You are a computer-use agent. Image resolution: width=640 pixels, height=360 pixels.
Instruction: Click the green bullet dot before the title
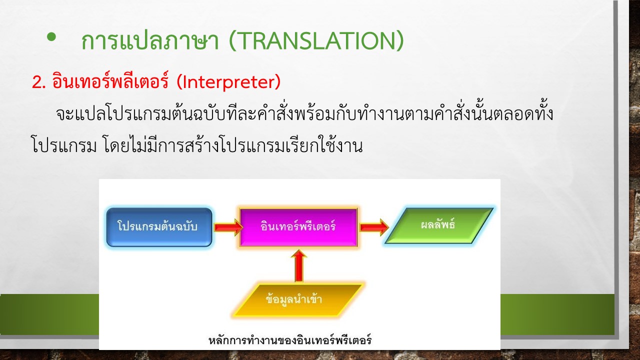pyautogui.click(x=51, y=37)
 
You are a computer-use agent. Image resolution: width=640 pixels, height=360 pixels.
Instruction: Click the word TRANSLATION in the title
pyautogui.click(x=316, y=41)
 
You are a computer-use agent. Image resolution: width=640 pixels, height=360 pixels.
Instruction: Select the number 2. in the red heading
pyautogui.click(x=39, y=82)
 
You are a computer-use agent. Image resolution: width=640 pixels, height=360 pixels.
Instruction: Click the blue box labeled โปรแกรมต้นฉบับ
pyautogui.click(x=159, y=227)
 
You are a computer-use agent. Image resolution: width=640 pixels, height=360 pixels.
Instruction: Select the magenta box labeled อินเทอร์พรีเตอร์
pyautogui.click(x=298, y=227)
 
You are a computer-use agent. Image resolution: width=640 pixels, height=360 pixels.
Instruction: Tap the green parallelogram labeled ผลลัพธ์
pyautogui.click(x=439, y=225)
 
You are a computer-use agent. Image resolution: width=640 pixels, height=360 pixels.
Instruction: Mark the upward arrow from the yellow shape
pyautogui.click(x=299, y=265)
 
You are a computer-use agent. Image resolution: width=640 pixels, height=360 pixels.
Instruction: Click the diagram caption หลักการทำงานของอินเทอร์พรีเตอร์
pyautogui.click(x=290, y=340)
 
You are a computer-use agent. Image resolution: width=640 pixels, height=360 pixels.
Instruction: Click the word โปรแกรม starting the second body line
pyautogui.click(x=63, y=145)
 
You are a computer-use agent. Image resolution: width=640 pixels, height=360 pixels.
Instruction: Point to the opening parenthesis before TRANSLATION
pyautogui.click(x=232, y=41)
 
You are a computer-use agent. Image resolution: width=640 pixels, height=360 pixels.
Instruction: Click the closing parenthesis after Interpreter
pyautogui.click(x=277, y=82)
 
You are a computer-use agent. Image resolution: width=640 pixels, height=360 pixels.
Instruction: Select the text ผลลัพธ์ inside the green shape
pyautogui.click(x=437, y=224)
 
